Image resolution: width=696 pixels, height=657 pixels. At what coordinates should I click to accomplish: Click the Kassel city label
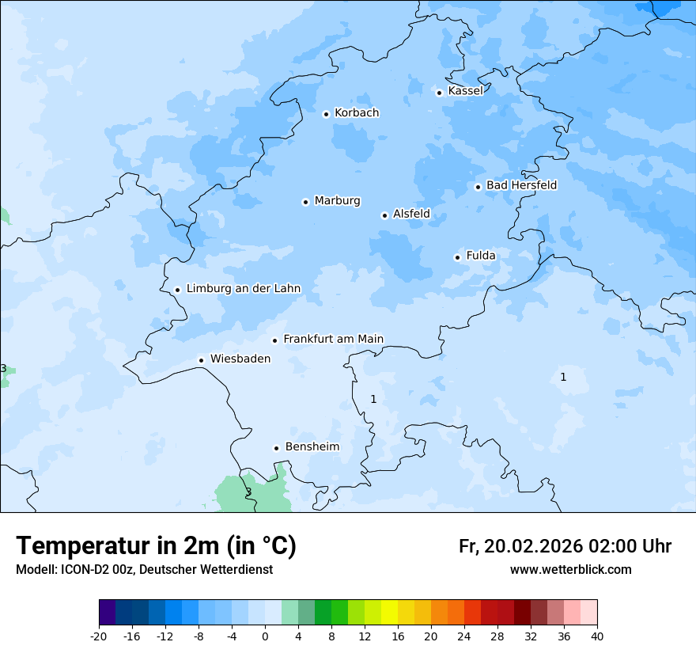465,91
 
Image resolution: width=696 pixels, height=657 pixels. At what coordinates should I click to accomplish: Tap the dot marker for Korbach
326,114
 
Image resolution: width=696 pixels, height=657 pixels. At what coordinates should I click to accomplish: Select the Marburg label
337,201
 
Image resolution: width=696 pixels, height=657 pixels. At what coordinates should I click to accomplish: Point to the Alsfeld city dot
384,215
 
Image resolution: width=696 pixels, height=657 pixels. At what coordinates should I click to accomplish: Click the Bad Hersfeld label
521,185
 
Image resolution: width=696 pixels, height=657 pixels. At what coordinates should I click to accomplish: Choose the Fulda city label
481,256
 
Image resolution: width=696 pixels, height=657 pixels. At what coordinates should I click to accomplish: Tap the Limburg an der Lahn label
243,289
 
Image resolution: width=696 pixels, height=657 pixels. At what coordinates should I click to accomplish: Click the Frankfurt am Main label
333,339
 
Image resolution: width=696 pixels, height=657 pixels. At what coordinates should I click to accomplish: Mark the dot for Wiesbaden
202,360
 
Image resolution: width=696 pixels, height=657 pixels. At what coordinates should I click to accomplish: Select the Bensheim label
312,446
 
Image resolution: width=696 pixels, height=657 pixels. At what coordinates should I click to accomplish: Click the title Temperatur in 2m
156,546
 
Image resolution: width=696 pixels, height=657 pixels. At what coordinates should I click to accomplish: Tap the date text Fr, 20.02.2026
520,546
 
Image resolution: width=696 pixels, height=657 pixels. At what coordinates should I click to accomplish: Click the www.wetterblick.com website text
570,570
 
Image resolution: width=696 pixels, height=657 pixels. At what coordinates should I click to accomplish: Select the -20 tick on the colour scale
99,636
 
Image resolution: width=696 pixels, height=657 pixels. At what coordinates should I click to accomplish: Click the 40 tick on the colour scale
597,636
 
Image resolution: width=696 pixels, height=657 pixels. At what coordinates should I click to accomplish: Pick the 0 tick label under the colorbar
265,636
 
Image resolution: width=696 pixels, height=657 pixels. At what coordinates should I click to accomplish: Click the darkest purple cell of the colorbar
107,613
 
